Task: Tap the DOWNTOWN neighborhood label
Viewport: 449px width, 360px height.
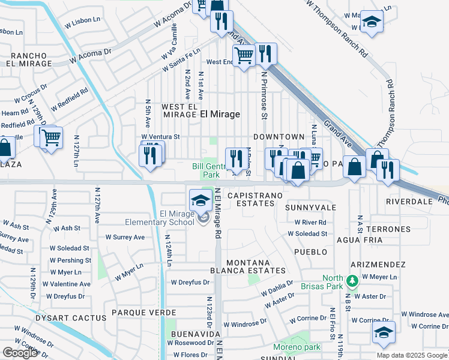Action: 279,137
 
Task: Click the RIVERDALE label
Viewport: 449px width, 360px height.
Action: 409,202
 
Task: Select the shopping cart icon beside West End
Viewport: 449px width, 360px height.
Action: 244,56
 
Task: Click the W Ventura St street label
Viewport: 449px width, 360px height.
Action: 160,137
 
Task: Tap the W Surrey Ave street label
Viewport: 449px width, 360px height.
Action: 125,237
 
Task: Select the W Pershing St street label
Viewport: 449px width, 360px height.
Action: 70,260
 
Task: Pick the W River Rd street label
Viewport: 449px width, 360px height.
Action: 310,222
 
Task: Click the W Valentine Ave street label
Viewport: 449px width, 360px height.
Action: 70,284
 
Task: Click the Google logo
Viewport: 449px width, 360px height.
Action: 20,353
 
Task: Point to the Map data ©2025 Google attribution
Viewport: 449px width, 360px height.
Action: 411,355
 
